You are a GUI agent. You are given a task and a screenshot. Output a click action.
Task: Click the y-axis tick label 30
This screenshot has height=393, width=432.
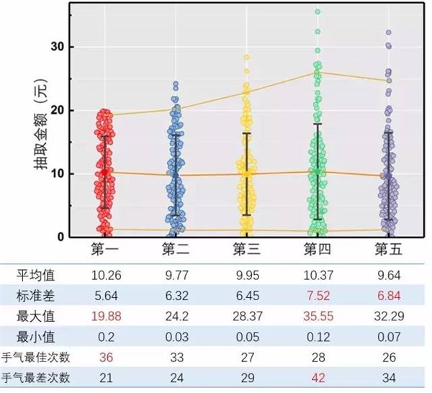(56, 47)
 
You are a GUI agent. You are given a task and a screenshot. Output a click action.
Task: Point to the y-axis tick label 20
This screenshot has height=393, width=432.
(56, 110)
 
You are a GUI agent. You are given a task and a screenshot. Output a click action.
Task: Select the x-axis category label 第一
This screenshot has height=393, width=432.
(105, 249)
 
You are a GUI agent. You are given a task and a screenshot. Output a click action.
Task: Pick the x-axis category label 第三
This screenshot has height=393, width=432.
(246, 249)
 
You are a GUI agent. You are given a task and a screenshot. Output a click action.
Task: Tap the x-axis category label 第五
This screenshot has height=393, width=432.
(388, 249)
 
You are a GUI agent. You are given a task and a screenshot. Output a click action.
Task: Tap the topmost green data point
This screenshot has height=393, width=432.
(317, 12)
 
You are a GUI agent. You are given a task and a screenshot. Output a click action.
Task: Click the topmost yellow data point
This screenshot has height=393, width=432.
(246, 57)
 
